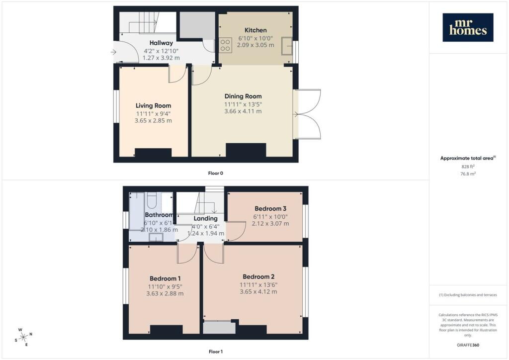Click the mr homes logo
coord(468,27)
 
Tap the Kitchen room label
coord(255,30)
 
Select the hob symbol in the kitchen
coord(225,45)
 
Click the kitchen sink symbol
coord(287,46)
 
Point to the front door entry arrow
coord(113,52)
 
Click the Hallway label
coord(161,43)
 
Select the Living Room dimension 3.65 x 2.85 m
coord(153,120)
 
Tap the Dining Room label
coord(243,96)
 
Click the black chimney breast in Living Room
coord(153,153)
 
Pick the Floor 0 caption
coord(216,173)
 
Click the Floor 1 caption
coord(216,352)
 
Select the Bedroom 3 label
coord(270,208)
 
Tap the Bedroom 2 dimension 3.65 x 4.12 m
coord(258,291)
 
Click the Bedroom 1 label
coord(165,278)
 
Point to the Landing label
coord(205,218)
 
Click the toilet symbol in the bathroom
coord(152,200)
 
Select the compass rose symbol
coord(24,338)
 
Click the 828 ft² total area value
coord(468,167)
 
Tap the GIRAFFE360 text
coord(468,345)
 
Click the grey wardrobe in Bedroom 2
coord(219,328)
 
